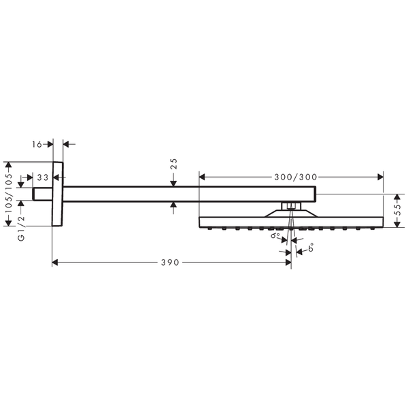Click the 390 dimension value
(170, 262)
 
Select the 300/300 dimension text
(296, 177)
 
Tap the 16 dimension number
(37, 144)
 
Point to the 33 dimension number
(43, 177)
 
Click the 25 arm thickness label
(173, 164)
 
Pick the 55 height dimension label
(398, 209)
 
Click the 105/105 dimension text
(9, 193)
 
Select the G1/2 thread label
(21, 228)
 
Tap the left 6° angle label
(275, 235)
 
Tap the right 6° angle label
(311, 248)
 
